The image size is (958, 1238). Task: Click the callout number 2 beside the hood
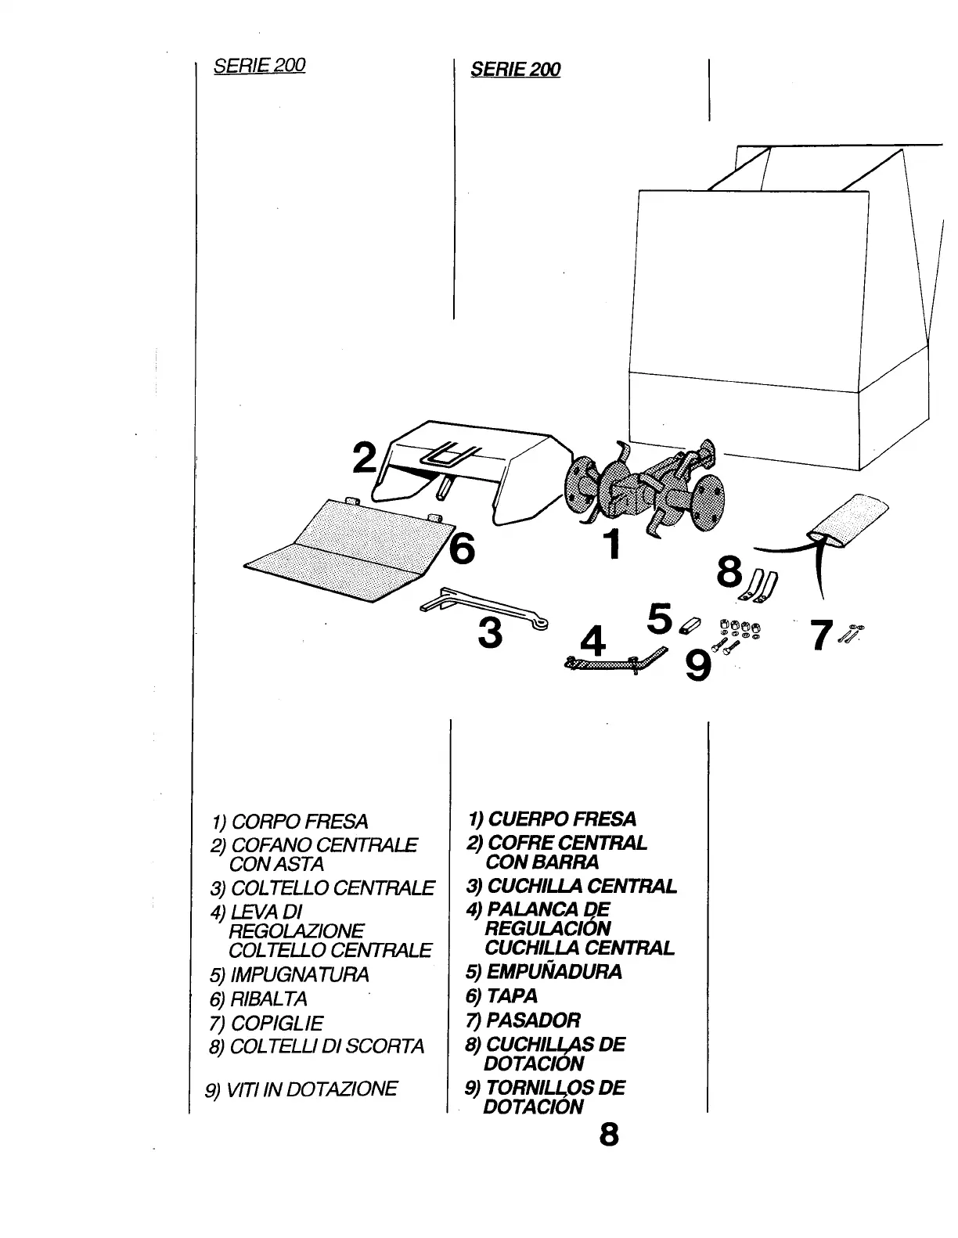[364, 459]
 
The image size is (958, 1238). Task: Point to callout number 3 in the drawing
[490, 633]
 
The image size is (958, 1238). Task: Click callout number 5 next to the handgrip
[661, 618]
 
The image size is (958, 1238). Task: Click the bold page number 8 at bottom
[608, 1134]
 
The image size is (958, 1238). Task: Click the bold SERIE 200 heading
[516, 70]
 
